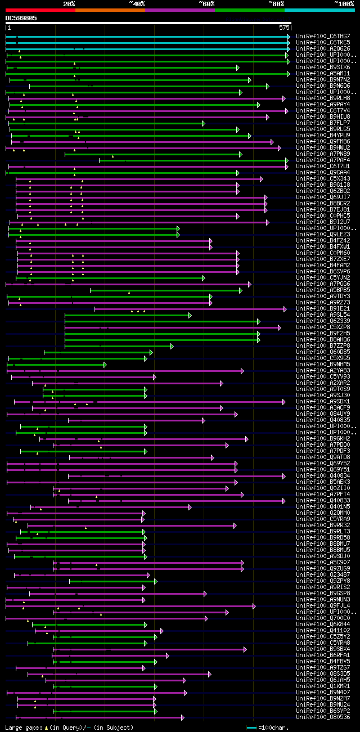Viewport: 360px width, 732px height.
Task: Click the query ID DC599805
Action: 21,18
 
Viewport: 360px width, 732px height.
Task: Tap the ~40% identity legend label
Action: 137,3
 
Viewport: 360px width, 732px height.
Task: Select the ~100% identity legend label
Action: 344,3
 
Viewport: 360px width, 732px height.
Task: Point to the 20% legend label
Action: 69,3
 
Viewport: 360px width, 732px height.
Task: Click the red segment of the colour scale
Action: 39,10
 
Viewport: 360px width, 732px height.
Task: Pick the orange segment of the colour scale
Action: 110,10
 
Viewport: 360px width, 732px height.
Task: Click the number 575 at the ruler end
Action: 284,27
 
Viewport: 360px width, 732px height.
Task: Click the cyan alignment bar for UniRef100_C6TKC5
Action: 146,43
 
